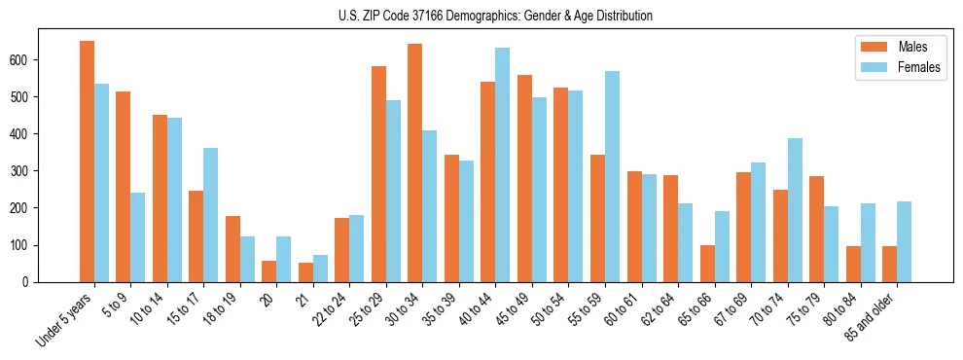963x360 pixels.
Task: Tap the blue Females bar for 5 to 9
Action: [138, 237]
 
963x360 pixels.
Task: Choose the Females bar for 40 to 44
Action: [503, 164]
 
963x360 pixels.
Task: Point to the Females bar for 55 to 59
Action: [612, 176]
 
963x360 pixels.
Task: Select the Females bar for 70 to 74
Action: [795, 210]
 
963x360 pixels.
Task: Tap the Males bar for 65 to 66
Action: [707, 264]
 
